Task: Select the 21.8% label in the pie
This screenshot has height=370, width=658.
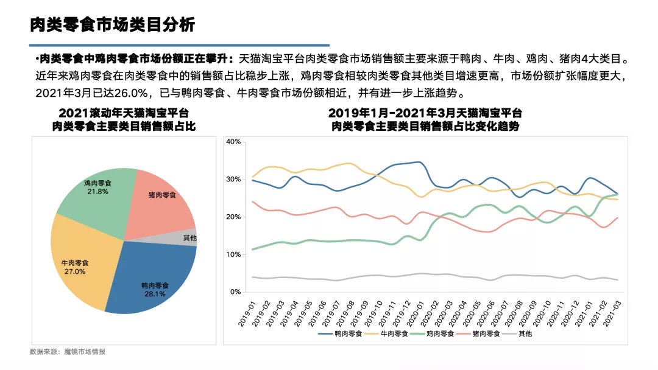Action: click(97, 192)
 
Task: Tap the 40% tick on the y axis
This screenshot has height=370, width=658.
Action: click(234, 142)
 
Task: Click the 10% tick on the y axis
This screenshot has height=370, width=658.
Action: click(234, 254)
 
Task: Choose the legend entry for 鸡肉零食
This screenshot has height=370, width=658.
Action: click(437, 333)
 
